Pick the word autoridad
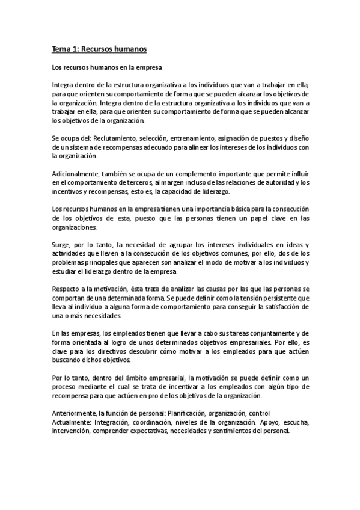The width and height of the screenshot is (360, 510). (267, 182)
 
